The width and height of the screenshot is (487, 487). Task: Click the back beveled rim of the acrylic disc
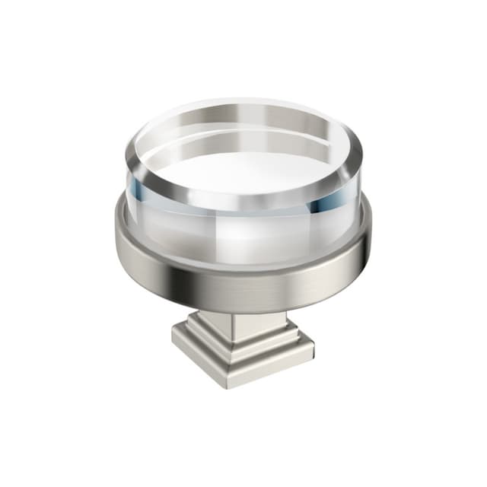243,107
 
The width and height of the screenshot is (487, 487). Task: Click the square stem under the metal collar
242,323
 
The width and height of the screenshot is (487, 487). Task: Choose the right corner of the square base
313,346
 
